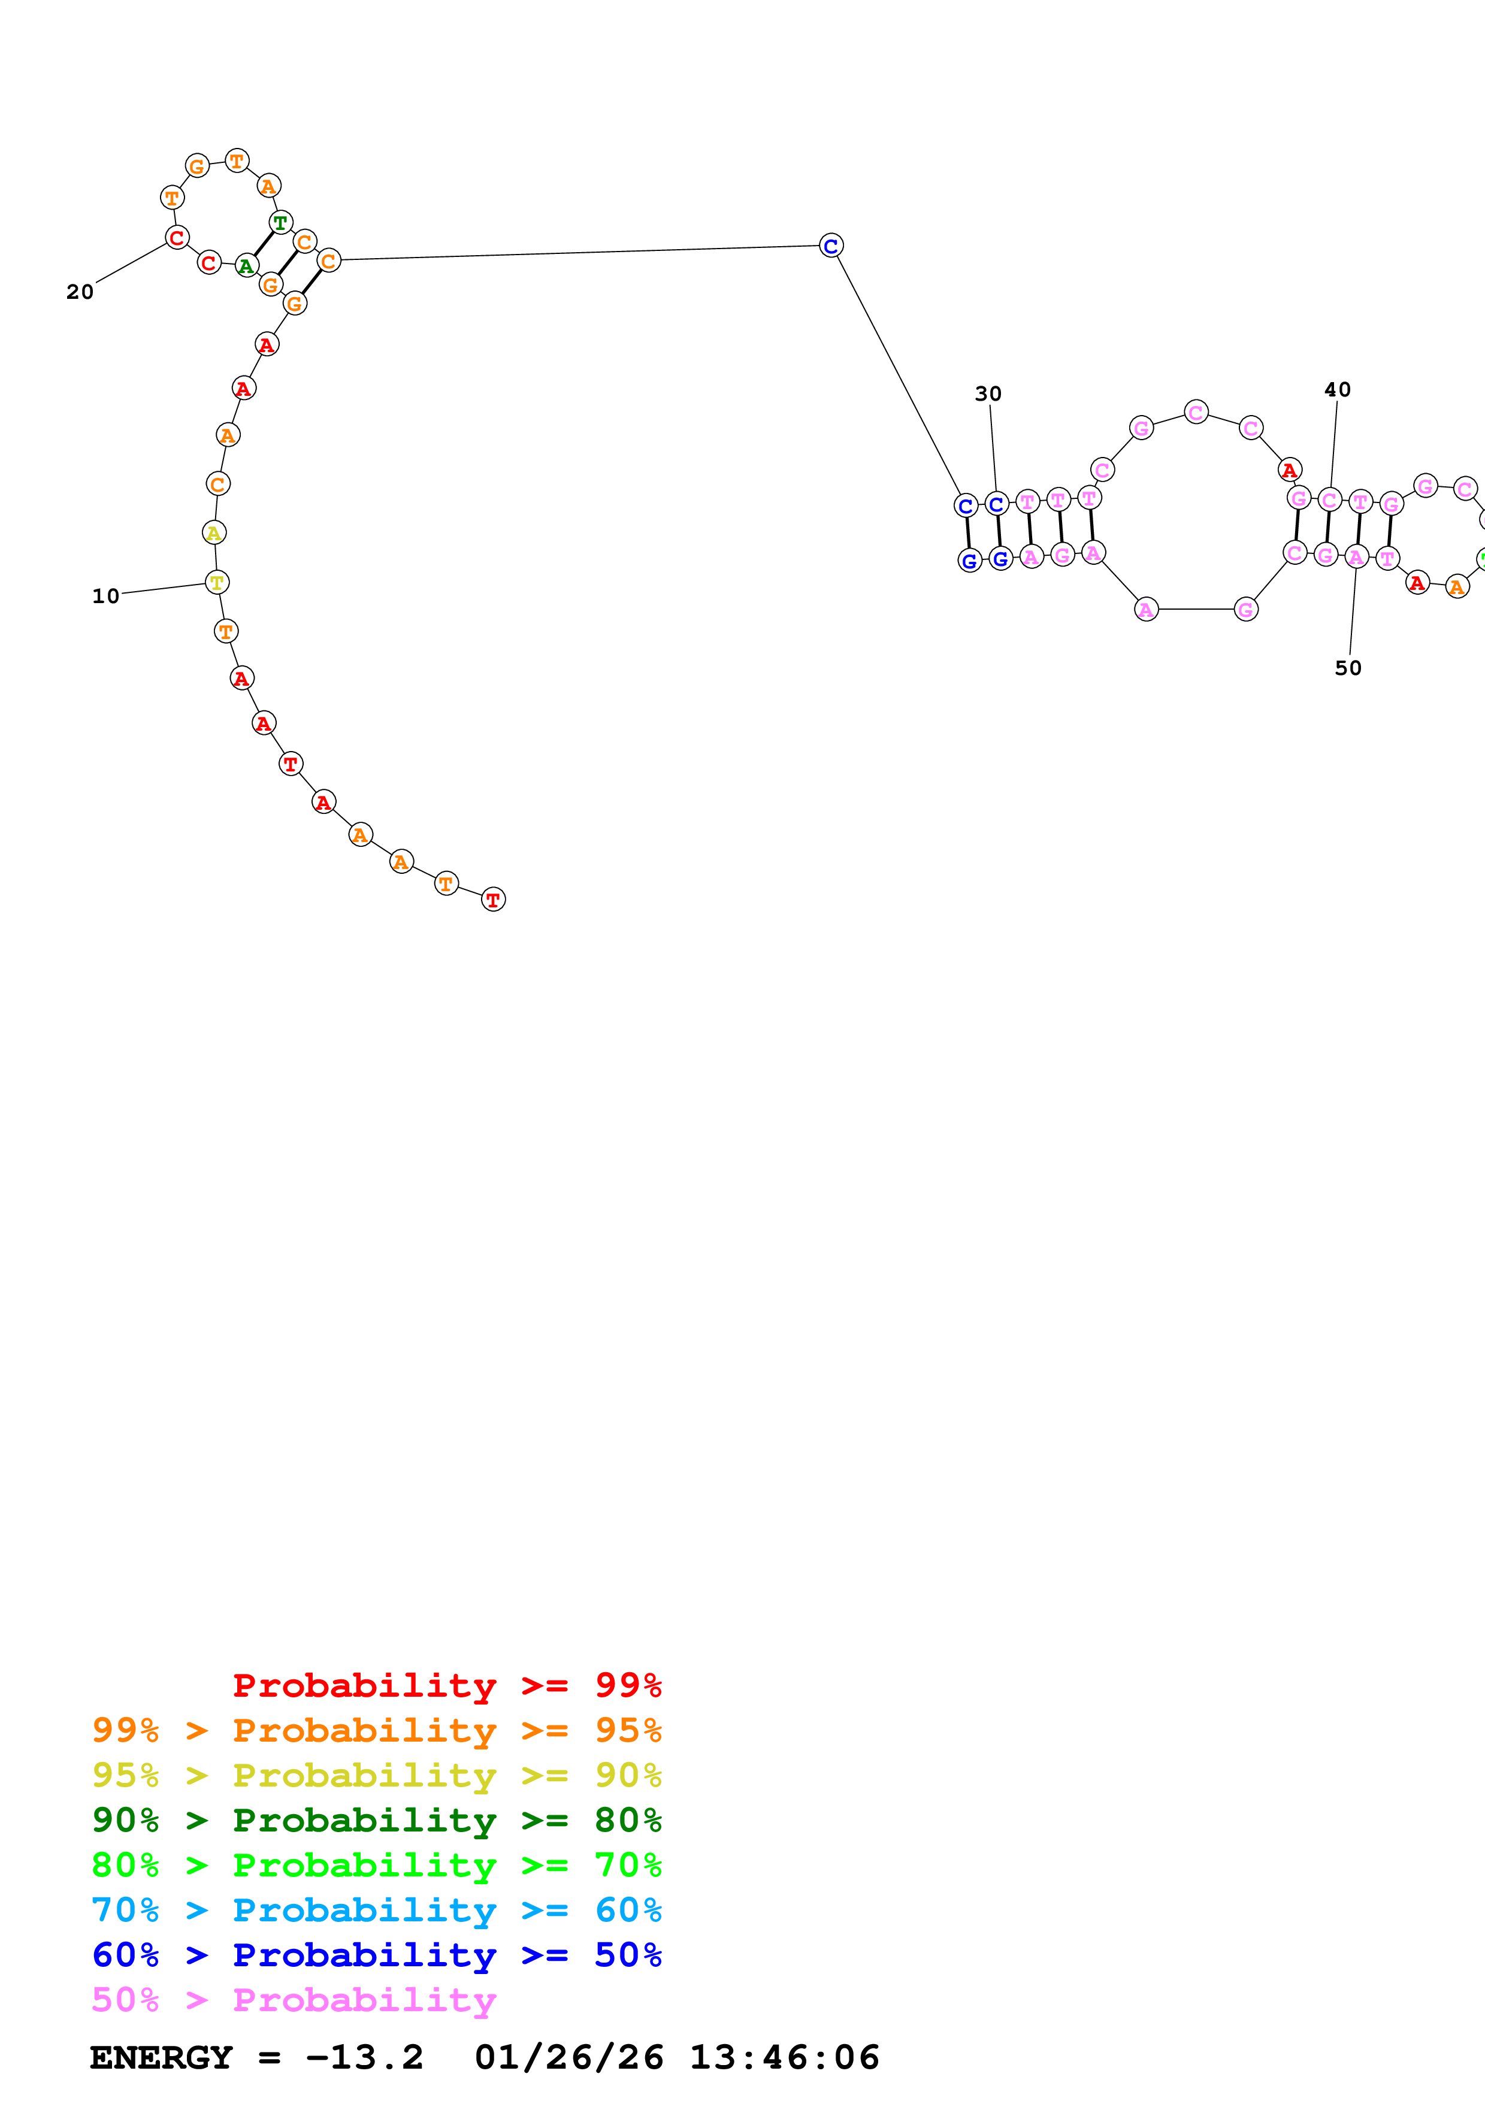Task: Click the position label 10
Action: tap(105, 596)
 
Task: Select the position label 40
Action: tap(1337, 390)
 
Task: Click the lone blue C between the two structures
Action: tap(831, 245)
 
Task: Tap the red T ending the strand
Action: tap(493, 900)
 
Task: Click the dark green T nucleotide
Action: tap(281, 222)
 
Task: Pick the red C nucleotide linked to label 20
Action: tap(177, 238)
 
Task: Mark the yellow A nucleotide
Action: tap(213, 532)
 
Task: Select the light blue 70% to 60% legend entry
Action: tap(376, 1910)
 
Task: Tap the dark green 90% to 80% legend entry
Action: tap(376, 1820)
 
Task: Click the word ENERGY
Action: tap(161, 2057)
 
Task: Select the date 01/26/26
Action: tap(568, 2057)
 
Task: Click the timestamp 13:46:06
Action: tap(784, 2057)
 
